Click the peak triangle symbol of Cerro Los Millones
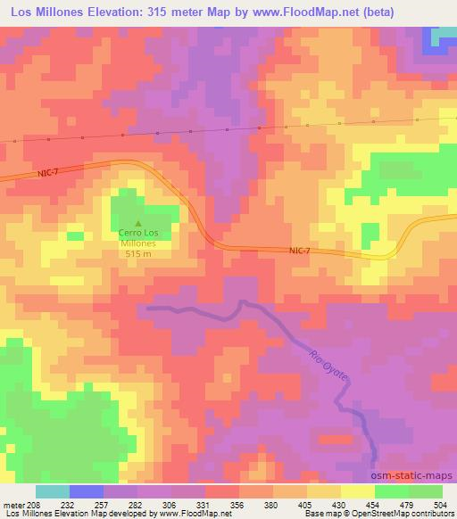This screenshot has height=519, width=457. pos(137,224)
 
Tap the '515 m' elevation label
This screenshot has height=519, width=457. pos(137,253)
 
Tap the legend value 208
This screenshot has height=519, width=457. pos(34,504)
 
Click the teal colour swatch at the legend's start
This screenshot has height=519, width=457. pos(53,491)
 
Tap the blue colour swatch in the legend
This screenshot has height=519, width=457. pos(87,491)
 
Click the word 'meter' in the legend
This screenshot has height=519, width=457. pos(13,504)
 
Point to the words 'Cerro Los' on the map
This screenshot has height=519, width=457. pos(137,235)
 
